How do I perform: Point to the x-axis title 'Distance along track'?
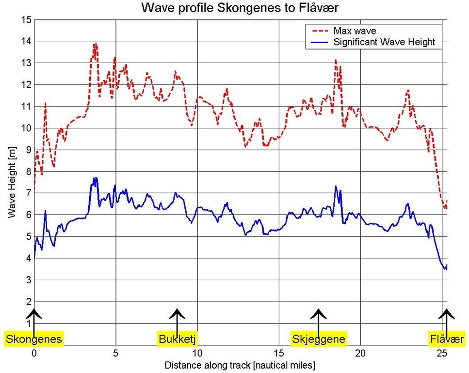coord(241,364)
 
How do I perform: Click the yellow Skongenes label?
coord(34,339)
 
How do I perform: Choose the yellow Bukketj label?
coord(178,339)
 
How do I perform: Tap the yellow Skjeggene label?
coord(319,339)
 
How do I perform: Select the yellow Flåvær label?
coord(447,339)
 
